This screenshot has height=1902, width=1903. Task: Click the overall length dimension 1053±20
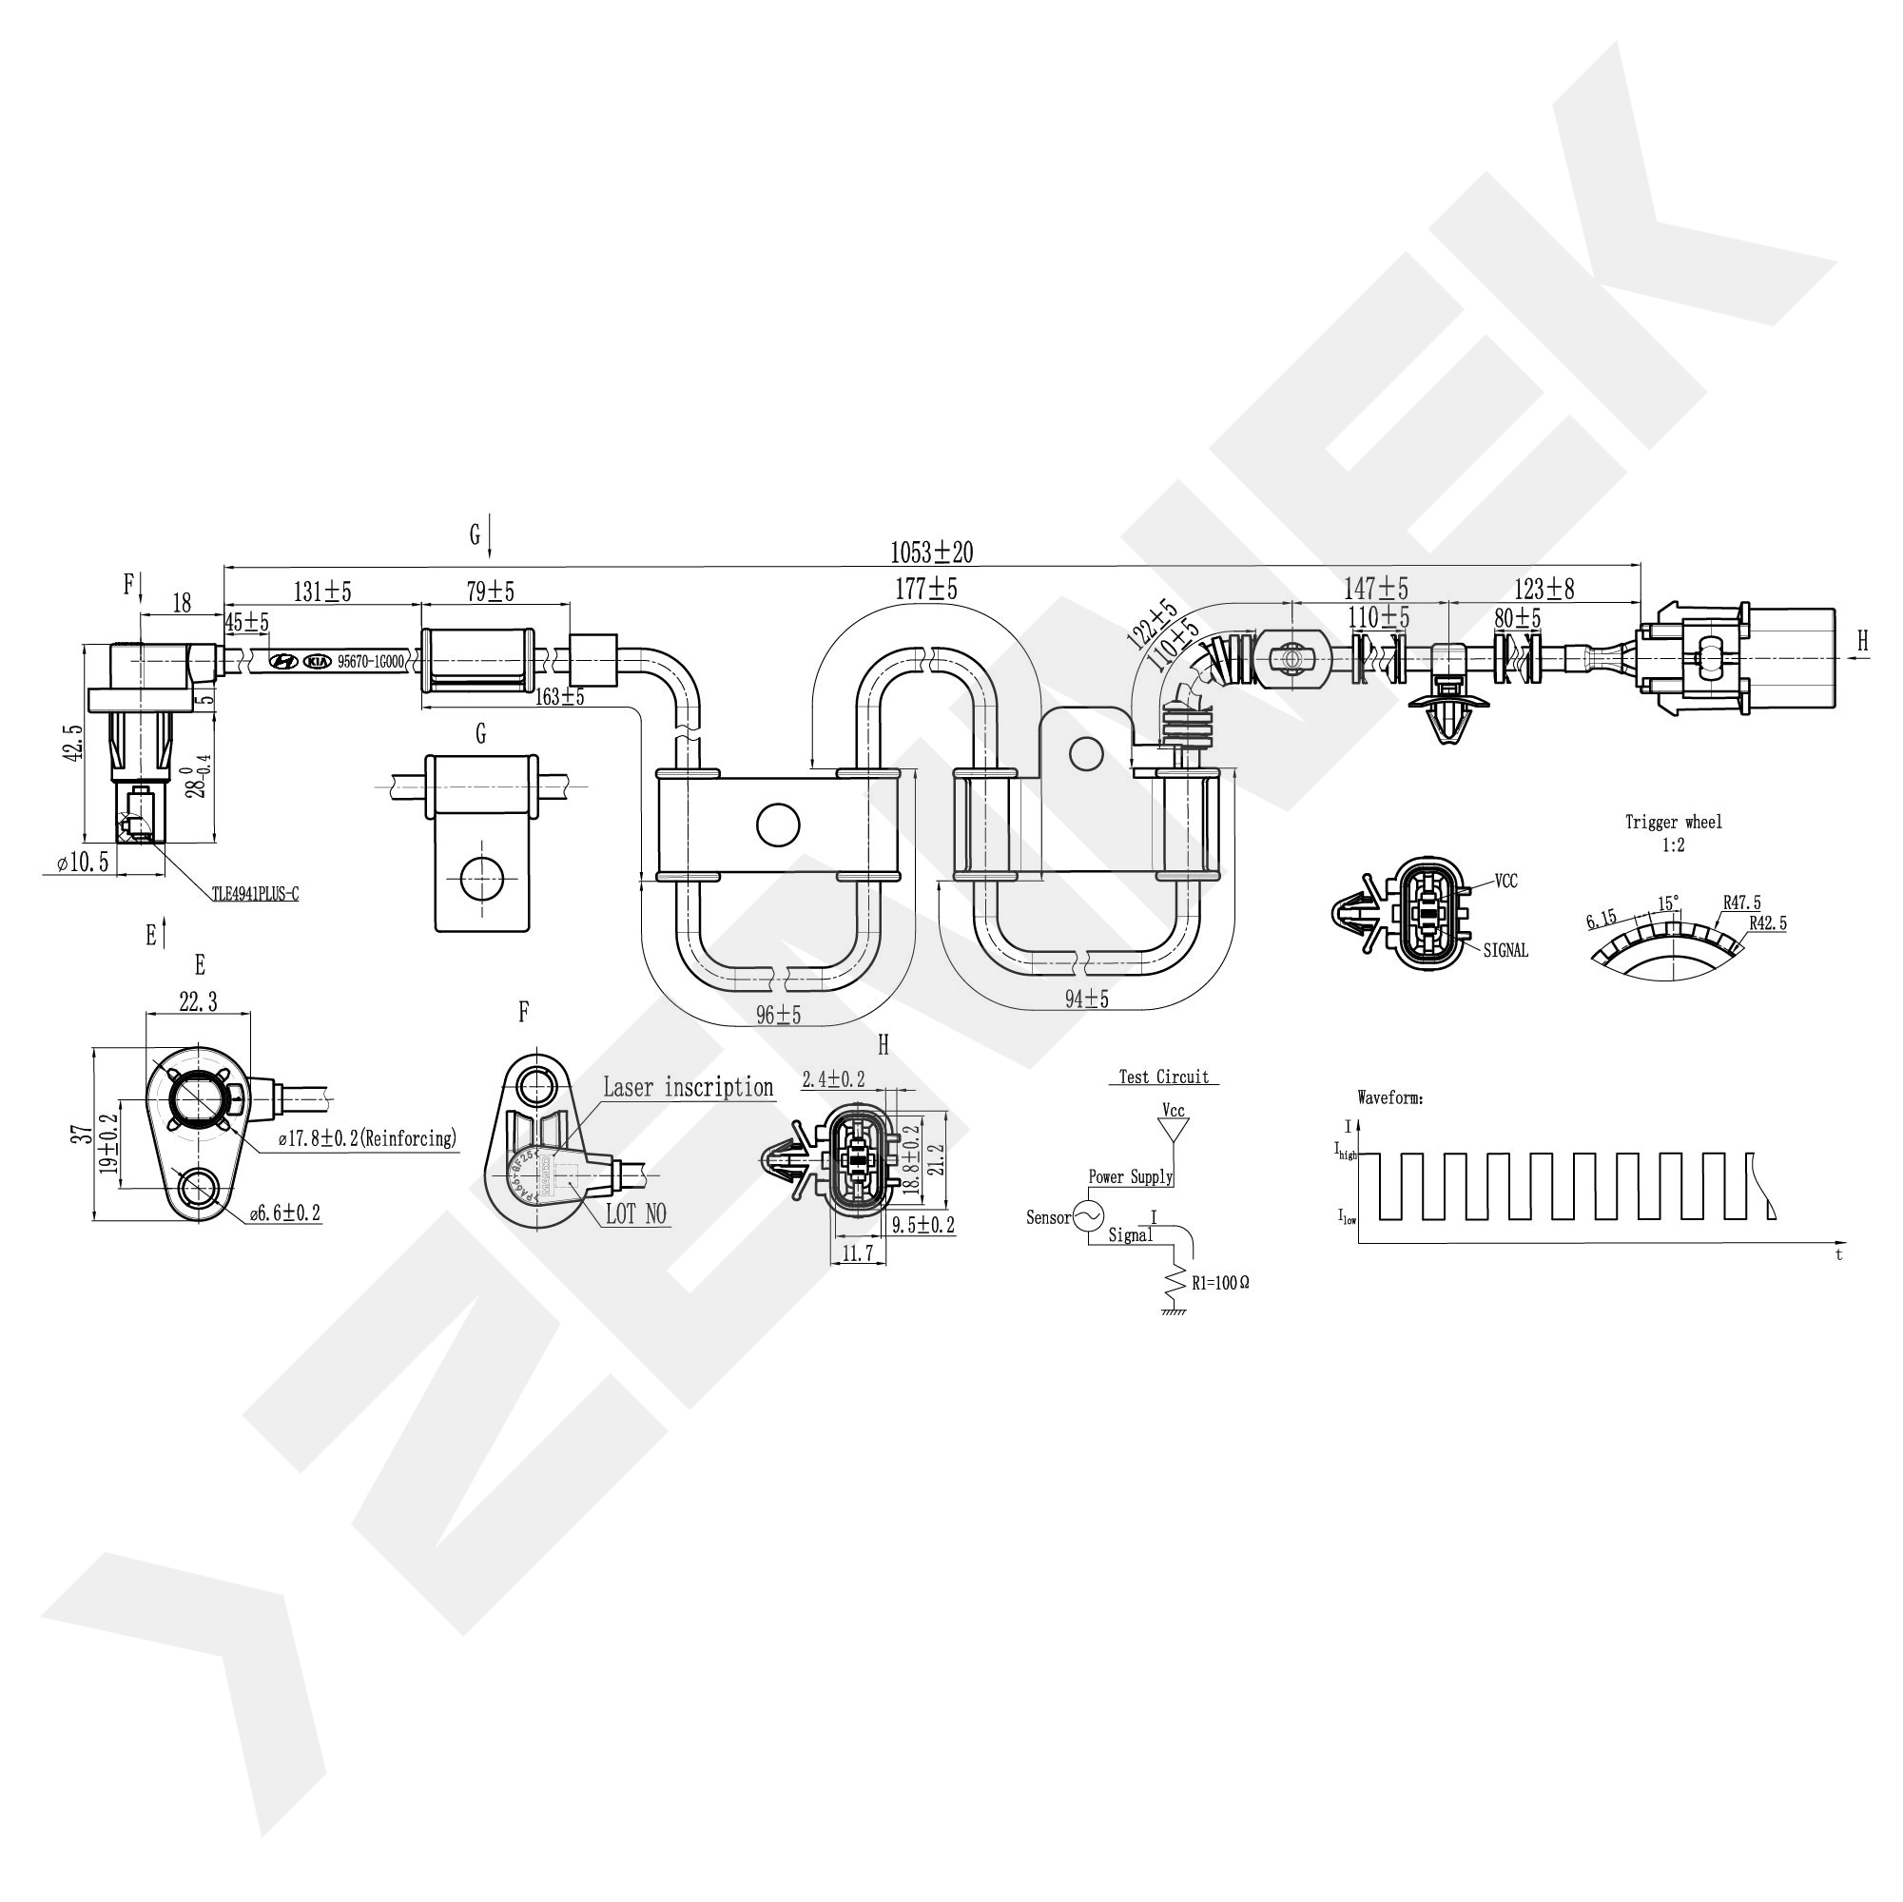(x=931, y=552)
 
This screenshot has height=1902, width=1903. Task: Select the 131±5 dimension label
(x=322, y=591)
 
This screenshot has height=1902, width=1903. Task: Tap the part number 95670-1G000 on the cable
(x=370, y=662)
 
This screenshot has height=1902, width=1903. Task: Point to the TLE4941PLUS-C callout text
(x=255, y=894)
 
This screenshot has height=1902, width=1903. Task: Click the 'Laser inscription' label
(x=688, y=1087)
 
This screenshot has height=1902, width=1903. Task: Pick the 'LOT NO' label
(x=635, y=1214)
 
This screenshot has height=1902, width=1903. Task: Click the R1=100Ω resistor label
(x=1220, y=1284)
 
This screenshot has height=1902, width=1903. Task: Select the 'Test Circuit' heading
(x=1163, y=1077)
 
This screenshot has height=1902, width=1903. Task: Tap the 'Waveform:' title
(x=1389, y=1097)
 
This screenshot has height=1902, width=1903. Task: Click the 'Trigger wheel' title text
(x=1674, y=822)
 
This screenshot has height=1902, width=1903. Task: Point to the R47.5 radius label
(x=1742, y=902)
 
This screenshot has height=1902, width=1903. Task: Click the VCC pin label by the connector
(x=1506, y=881)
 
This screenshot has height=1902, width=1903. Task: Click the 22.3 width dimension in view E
(x=197, y=1002)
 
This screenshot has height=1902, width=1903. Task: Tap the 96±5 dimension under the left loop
(x=778, y=1015)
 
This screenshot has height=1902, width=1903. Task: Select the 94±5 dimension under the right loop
(x=1085, y=999)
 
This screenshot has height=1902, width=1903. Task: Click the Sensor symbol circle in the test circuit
(x=1087, y=1216)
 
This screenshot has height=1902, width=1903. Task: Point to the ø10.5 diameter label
(x=83, y=863)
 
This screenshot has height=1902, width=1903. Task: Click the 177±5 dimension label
(x=925, y=589)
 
